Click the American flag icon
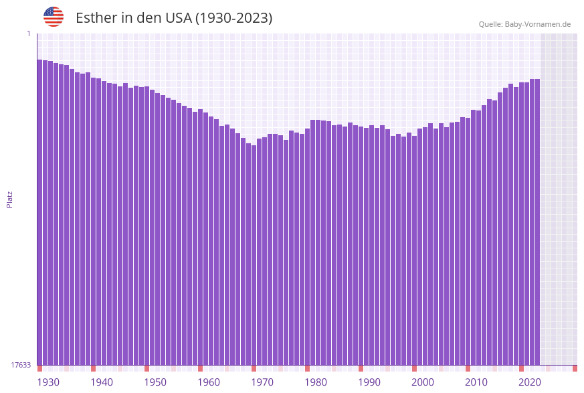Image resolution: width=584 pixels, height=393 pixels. tap(54, 17)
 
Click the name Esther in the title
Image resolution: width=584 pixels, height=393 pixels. tap(96, 18)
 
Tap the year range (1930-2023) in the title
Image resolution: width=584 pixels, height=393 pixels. tap(233, 18)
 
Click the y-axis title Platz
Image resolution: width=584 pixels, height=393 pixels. tap(10, 199)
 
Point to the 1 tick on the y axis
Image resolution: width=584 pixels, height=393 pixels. tap(28, 33)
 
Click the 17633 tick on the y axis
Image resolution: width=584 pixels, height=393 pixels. tap(21, 365)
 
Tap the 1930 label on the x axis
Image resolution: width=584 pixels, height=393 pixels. tap(48, 382)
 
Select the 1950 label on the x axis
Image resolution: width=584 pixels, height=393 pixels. tap(155, 382)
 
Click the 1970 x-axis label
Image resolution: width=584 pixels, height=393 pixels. tap(262, 382)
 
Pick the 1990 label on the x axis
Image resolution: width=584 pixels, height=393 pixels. tap(369, 382)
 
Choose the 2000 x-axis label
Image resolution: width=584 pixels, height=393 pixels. tap(423, 382)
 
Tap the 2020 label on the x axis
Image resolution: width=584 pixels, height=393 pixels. tap(530, 382)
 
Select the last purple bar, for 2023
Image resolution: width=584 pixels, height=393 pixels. tap(537, 222)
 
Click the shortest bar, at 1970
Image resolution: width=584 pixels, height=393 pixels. tap(254, 255)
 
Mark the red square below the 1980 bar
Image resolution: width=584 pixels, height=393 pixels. tap(307, 368)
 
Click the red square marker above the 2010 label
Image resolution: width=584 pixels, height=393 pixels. tap(468, 368)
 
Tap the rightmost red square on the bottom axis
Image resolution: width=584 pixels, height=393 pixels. tap(575, 368)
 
